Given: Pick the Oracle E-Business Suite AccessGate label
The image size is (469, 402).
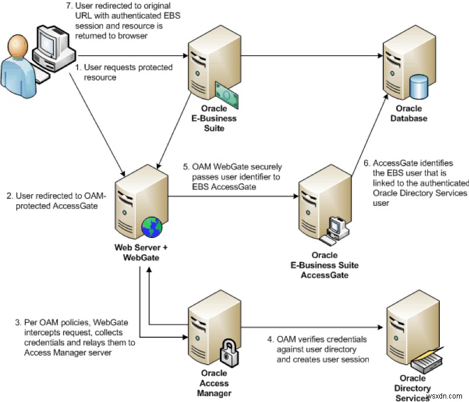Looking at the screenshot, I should pyautogui.click(x=324, y=265).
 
